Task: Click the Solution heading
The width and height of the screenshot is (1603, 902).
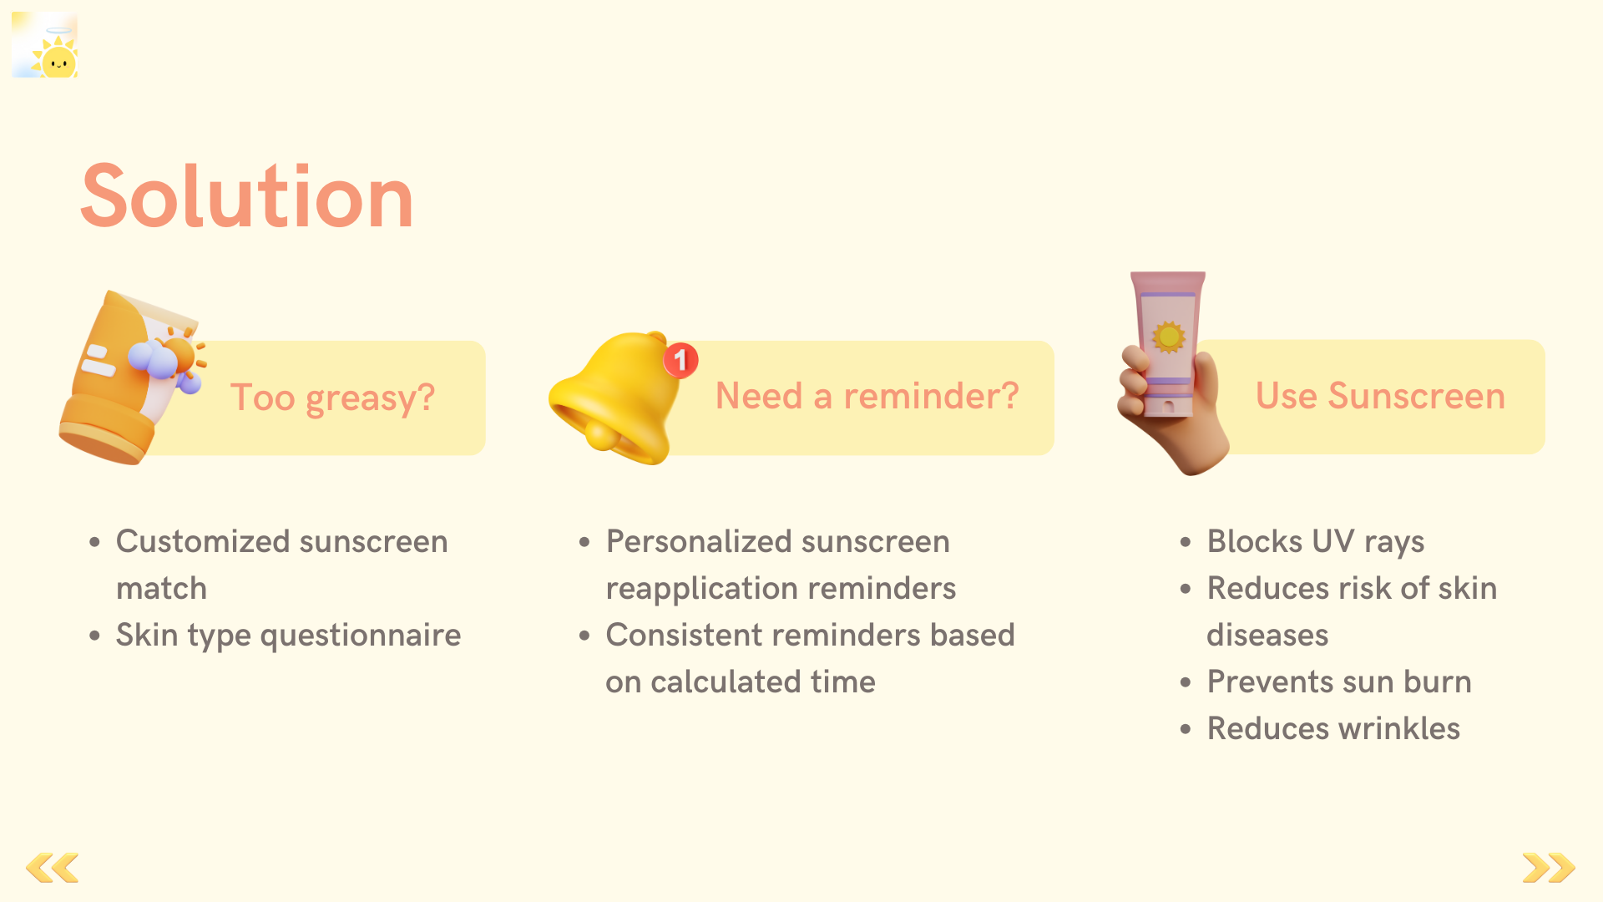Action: click(x=247, y=197)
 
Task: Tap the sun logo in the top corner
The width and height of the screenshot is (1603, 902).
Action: click(x=45, y=45)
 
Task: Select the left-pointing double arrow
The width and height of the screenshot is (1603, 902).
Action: click(x=53, y=868)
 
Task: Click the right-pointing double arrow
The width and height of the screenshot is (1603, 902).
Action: click(x=1549, y=868)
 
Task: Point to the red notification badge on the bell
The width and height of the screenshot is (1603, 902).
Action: click(x=680, y=360)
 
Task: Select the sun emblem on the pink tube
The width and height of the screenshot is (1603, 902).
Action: click(x=1169, y=337)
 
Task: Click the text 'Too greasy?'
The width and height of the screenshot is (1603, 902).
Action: click(x=332, y=398)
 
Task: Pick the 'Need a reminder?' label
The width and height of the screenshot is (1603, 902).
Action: click(x=867, y=396)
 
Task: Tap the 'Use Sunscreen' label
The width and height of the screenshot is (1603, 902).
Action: click(x=1380, y=396)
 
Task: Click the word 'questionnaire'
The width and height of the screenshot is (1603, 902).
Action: click(x=361, y=636)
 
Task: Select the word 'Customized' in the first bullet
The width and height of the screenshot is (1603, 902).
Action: click(x=203, y=543)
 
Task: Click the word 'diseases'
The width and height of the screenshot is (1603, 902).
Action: click(x=1267, y=635)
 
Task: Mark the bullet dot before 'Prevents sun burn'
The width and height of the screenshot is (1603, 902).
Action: click(x=1186, y=682)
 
